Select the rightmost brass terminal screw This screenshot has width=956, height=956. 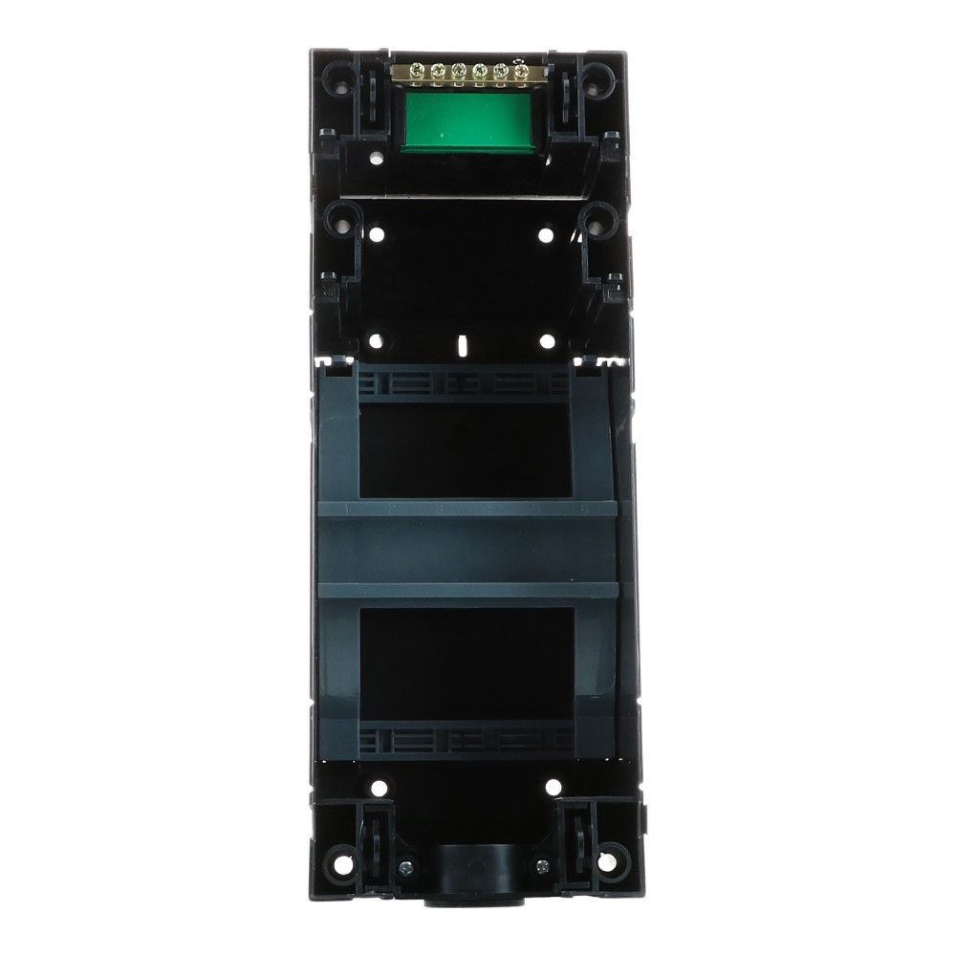(521, 70)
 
